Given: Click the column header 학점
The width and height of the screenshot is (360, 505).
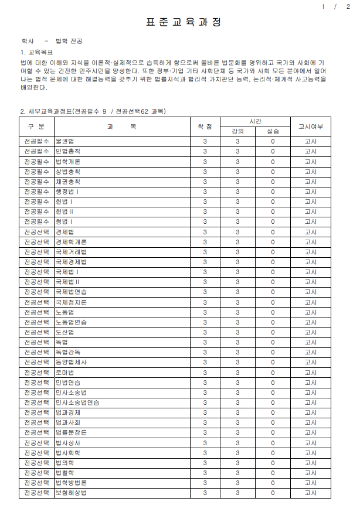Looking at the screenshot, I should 205,126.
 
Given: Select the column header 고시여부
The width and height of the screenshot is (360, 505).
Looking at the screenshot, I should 310,126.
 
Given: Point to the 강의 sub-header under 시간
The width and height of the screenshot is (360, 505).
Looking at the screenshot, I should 238,131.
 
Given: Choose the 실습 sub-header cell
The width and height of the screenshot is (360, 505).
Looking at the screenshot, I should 273,131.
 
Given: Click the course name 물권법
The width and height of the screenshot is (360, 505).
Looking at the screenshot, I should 64,142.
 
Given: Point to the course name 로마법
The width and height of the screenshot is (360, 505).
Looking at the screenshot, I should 64,373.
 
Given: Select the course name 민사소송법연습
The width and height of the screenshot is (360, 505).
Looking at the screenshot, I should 77,402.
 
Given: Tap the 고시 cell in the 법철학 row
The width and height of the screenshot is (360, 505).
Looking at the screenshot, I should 310,473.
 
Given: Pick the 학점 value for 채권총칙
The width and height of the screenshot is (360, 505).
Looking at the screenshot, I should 205,182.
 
